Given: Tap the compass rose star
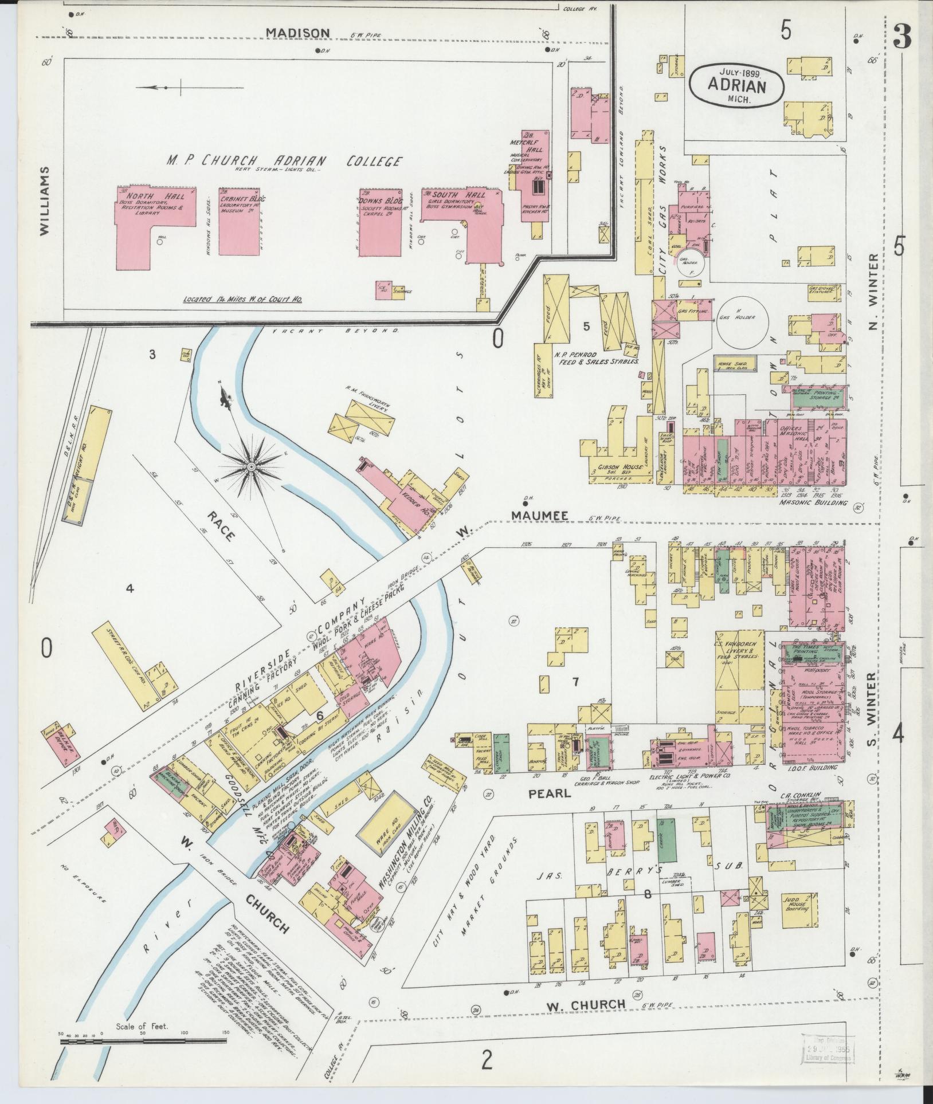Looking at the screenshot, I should tap(251, 468).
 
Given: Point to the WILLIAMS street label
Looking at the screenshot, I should tap(45, 201).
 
